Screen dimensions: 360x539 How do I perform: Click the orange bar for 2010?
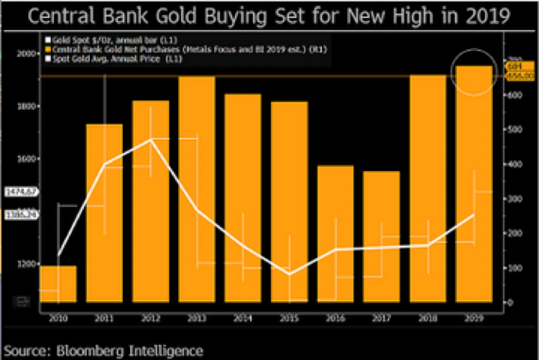(x=58, y=284)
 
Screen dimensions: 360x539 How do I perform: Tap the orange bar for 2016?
(x=336, y=234)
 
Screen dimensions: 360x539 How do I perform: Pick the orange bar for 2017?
(x=382, y=237)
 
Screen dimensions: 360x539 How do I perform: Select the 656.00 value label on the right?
(x=517, y=75)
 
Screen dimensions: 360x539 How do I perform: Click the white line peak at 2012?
(x=151, y=139)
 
